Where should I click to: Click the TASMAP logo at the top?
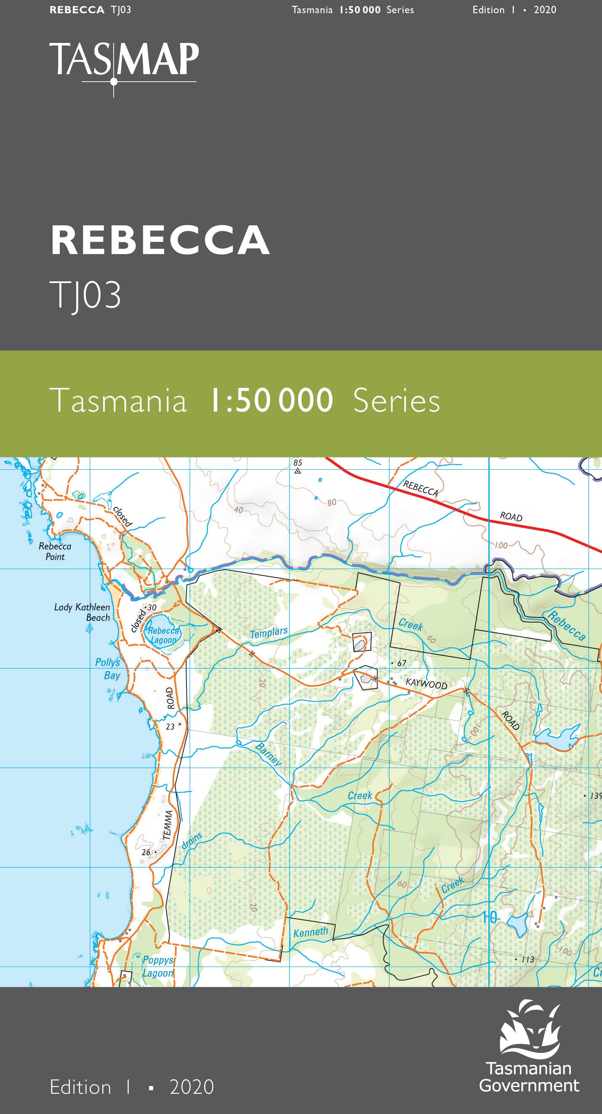(124, 64)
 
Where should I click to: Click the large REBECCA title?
(160, 240)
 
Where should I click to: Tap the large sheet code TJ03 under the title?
(85, 295)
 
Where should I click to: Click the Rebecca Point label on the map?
(55, 551)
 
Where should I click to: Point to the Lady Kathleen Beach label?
(82, 612)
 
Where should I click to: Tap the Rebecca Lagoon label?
(163, 635)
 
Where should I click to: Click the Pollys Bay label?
(108, 668)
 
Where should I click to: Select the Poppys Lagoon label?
(158, 967)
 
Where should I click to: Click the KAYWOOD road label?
(426, 684)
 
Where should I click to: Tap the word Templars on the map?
(269, 633)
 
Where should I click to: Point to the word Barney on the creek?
(268, 754)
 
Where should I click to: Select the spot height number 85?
(298, 463)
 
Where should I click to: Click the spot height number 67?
(402, 663)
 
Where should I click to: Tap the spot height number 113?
(527, 959)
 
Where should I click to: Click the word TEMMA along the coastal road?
(168, 825)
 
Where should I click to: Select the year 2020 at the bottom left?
(192, 1087)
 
